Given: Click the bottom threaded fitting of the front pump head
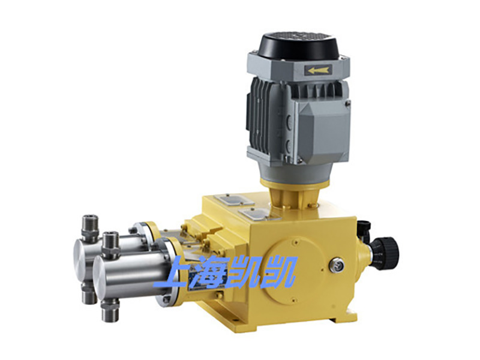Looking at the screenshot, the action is coord(110,311).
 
